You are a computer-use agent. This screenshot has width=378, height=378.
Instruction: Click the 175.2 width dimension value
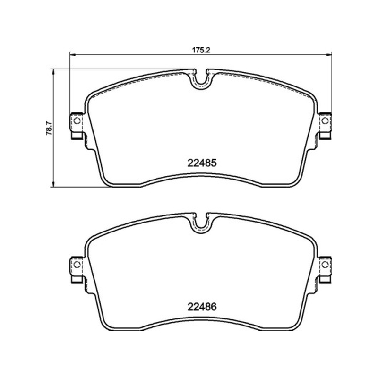point(201,50)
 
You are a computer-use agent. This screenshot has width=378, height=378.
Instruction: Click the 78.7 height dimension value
point(49,128)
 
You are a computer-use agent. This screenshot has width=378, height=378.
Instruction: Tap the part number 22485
point(202,163)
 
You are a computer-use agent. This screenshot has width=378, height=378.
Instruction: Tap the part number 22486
point(202,307)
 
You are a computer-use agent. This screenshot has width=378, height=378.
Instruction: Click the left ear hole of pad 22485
point(77,121)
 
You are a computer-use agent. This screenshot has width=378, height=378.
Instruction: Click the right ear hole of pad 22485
point(325,121)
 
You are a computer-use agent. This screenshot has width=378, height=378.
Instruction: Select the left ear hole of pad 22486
point(77,265)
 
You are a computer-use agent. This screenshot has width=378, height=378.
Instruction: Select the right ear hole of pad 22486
point(325,265)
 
